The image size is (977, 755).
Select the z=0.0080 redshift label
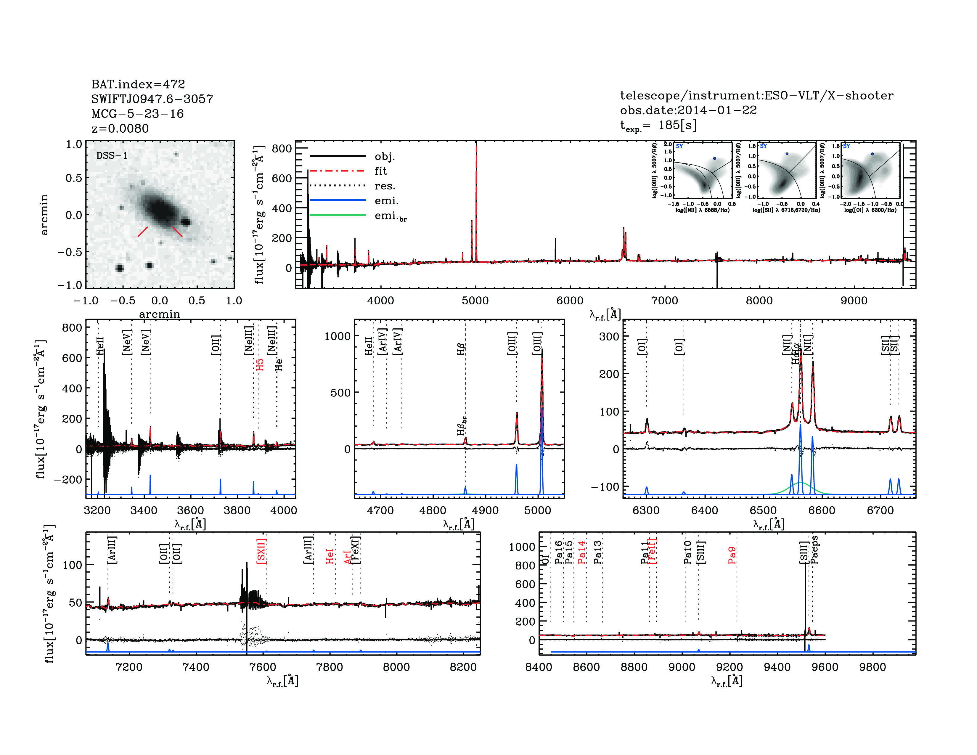(x=120, y=128)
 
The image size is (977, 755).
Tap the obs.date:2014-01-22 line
(x=688, y=110)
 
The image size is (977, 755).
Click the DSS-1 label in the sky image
(x=112, y=156)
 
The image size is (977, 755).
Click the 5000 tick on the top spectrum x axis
(x=475, y=300)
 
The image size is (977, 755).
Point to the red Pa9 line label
(x=732, y=555)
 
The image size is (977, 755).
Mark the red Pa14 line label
(x=581, y=552)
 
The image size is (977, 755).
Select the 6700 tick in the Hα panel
(x=880, y=510)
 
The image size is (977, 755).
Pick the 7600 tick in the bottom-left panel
(x=263, y=667)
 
